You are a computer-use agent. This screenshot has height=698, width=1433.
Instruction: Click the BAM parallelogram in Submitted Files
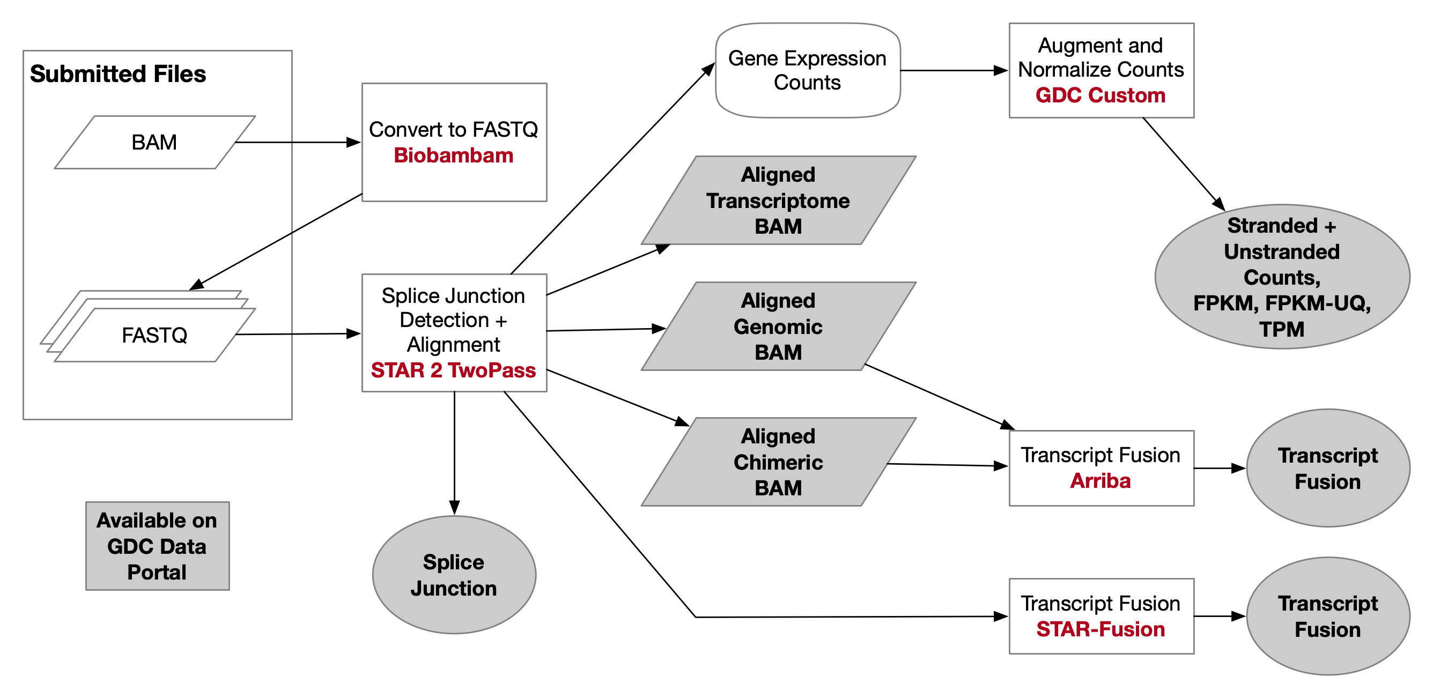(154, 143)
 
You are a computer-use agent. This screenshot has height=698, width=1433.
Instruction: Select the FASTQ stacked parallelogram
(154, 335)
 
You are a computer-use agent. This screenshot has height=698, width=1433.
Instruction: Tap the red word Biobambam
(453, 155)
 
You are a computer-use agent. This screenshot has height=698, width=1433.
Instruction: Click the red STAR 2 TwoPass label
(453, 370)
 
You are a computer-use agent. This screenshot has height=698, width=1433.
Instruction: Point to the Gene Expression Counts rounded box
(807, 71)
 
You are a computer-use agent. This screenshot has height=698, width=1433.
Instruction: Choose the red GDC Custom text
(1100, 95)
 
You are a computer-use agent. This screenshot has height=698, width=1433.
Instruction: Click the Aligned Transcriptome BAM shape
(778, 200)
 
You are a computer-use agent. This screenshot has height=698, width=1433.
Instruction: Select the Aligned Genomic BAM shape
(778, 326)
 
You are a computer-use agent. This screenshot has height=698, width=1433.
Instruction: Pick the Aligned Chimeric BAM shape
(778, 462)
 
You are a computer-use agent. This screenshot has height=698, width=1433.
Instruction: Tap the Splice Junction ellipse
(454, 575)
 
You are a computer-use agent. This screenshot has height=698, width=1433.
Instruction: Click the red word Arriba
(1100, 480)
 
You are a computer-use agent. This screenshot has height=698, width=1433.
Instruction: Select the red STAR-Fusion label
(1100, 629)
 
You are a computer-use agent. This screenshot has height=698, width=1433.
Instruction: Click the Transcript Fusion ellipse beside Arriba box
(1328, 469)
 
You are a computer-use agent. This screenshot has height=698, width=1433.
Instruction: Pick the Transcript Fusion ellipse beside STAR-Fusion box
(1328, 616)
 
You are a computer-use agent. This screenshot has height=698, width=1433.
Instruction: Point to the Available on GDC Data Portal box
(158, 546)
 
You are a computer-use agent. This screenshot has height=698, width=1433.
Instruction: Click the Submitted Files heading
(118, 74)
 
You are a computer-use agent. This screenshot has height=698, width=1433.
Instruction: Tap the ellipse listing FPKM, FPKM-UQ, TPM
(1282, 277)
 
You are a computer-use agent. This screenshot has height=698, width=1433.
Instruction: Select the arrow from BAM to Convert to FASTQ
(298, 143)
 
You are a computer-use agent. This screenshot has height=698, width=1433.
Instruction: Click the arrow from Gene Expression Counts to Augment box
(954, 71)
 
